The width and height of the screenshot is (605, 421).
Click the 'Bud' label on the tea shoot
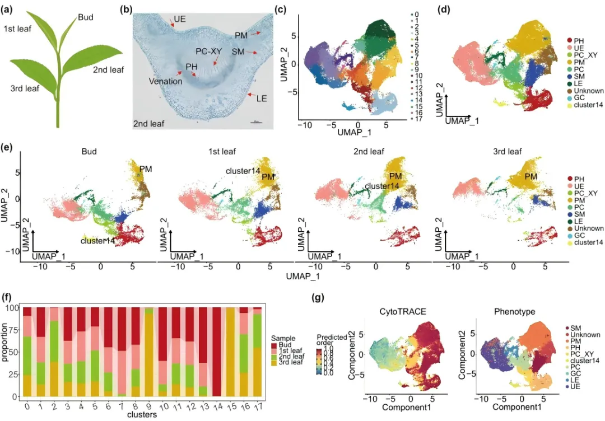(86, 18)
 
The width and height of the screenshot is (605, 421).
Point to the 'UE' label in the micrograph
(180, 18)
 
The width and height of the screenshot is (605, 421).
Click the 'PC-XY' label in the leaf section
(208, 50)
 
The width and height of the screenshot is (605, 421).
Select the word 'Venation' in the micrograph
(165, 81)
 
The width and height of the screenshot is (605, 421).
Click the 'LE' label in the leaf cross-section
(261, 99)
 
